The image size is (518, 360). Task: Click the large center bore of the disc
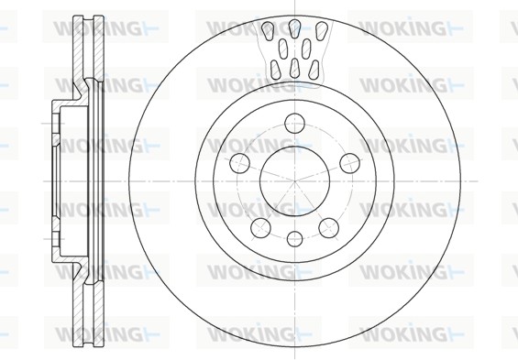click(x=293, y=179)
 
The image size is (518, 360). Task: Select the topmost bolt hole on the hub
click(x=293, y=120)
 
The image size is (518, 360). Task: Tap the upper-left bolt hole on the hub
click(x=239, y=162)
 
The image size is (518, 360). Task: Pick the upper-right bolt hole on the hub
click(x=348, y=162)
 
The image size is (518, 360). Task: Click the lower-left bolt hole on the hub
click(x=260, y=226)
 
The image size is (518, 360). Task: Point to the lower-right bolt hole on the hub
click(x=327, y=226)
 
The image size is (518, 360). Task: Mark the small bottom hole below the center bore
click(x=293, y=239)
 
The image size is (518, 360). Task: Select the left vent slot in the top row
click(x=268, y=32)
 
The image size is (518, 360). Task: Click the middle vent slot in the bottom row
click(x=293, y=69)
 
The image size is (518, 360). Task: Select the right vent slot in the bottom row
click(x=314, y=66)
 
